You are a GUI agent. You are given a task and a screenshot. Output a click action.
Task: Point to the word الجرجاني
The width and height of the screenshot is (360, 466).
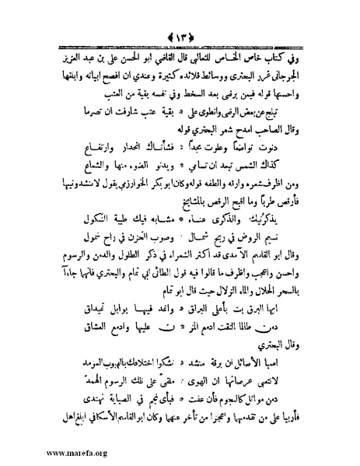296,79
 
